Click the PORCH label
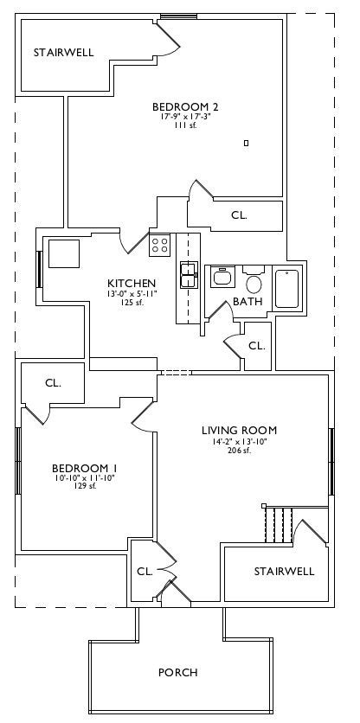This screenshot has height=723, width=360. pyautogui.click(x=177, y=672)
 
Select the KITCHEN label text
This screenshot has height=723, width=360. pyautogui.click(x=132, y=283)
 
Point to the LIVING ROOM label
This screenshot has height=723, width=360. pyautogui.click(x=239, y=431)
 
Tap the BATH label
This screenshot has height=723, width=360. pyautogui.click(x=247, y=302)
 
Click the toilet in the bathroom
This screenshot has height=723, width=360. pyautogui.click(x=254, y=281)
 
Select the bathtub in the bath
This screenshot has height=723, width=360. pyautogui.click(x=287, y=289)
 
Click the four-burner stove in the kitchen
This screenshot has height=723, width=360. pyautogui.click(x=160, y=245)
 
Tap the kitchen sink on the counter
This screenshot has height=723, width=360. pyautogui.click(x=189, y=275)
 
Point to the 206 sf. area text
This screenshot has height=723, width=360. pyautogui.click(x=239, y=451)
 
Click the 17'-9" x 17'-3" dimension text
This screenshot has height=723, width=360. pyautogui.click(x=185, y=117)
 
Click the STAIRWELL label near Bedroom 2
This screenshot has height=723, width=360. pyautogui.click(x=64, y=53)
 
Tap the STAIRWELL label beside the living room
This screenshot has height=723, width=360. pyautogui.click(x=285, y=572)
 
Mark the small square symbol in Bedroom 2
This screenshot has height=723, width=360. pyautogui.click(x=246, y=143)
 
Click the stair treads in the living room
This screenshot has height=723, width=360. pyautogui.click(x=279, y=525)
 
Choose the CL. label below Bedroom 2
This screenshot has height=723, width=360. pyautogui.click(x=239, y=215)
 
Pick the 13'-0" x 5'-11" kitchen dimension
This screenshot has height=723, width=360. pyautogui.click(x=132, y=293)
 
